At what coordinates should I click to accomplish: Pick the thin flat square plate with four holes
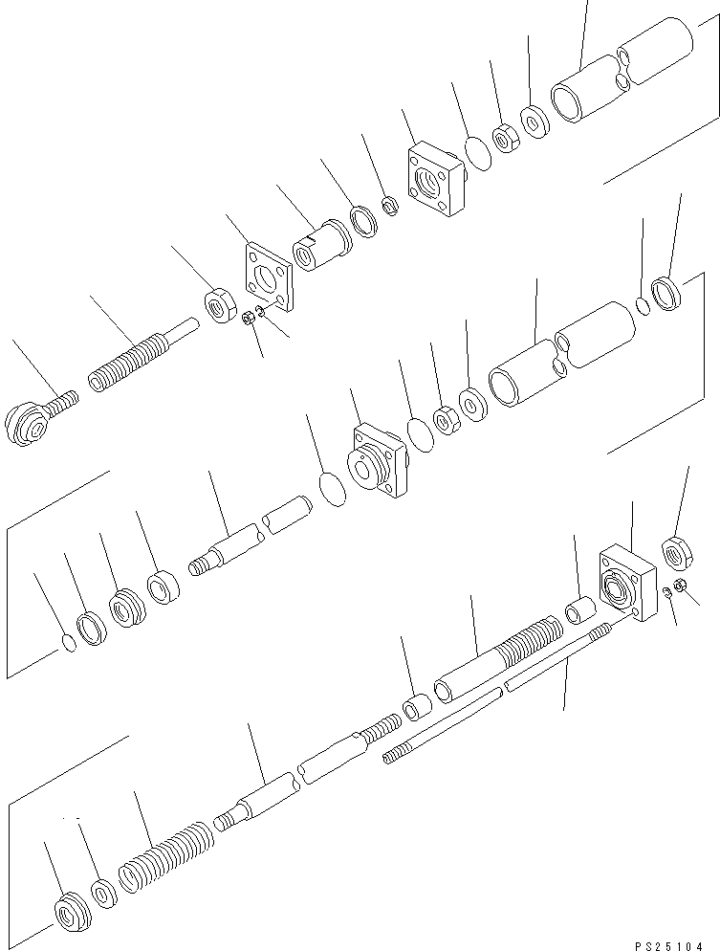pos(269,277)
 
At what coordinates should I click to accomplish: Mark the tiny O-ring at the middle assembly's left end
pos(71,643)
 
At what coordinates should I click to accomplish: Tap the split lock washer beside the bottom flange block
pos(666,591)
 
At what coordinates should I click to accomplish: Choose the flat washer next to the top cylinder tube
pos(535,122)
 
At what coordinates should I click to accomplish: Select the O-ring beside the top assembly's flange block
pos(479,153)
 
